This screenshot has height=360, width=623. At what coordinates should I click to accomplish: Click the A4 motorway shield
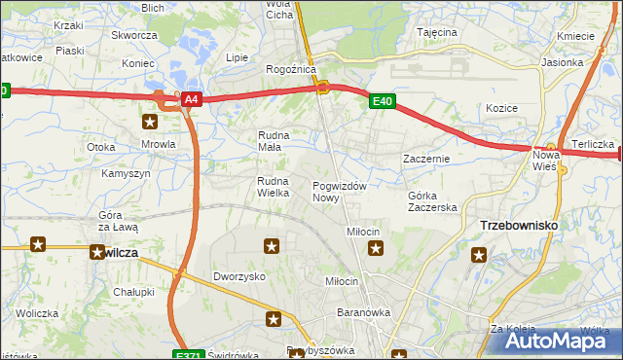pos(191,99)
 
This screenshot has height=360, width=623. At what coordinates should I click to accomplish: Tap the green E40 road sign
pos(382,99)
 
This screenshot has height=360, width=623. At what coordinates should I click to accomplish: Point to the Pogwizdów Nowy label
pos(339,192)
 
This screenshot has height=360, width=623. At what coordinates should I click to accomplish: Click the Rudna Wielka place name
pos(274,187)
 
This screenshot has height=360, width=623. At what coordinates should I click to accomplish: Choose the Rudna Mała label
pos(270,141)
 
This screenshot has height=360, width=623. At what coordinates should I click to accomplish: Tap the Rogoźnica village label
pos(288,70)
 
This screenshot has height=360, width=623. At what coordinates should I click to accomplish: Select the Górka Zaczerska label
pos(432,201)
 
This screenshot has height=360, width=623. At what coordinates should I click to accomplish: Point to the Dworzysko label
pos(240,276)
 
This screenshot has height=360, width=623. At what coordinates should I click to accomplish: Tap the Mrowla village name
pos(158,144)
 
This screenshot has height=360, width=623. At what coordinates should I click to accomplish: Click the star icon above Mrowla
pos(150,122)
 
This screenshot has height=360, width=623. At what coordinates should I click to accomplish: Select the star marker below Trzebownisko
pos(479,256)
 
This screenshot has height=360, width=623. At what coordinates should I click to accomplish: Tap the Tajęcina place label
pos(437,32)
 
